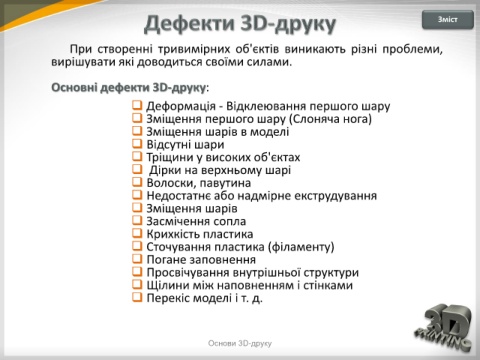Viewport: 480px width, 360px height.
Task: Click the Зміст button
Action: pyautogui.click(x=448, y=20)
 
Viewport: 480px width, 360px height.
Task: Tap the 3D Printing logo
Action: pyautogui.click(x=444, y=328)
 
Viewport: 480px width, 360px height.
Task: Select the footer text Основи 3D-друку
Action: pyautogui.click(x=240, y=343)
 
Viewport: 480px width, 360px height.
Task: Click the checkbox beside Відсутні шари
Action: pyautogui.click(x=137, y=144)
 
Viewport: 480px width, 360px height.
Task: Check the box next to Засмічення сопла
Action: pyautogui.click(x=137, y=220)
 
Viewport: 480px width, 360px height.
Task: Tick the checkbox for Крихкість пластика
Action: pyautogui.click(x=137, y=233)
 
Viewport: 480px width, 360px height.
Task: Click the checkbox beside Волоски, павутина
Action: pyautogui.click(x=137, y=182)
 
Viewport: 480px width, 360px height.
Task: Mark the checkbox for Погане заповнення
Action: pyautogui.click(x=137, y=259)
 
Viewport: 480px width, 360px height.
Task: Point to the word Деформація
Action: pyautogui.click(x=181, y=106)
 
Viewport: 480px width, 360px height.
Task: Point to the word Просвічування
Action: pyautogui.click(x=188, y=273)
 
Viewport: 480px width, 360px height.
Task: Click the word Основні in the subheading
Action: pyautogui.click(x=74, y=88)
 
